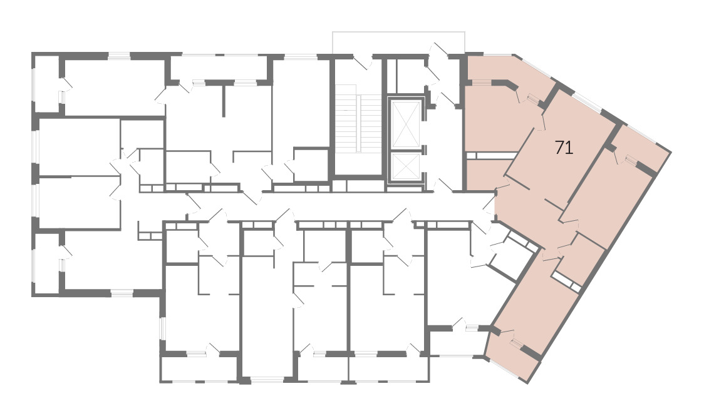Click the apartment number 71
tap(564, 148)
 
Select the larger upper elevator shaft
tap(406, 124)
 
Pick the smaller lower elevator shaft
tap(406, 167)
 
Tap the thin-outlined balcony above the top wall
tap(399, 43)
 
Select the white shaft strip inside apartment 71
tap(491, 156)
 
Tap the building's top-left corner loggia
tap(47, 83)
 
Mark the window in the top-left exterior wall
tap(119, 56)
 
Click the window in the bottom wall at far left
tap(122, 293)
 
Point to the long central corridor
tap(314, 206)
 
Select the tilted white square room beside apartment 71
tap(512, 255)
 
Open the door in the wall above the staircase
tap(362, 61)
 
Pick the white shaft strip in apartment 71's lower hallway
tap(567, 280)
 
